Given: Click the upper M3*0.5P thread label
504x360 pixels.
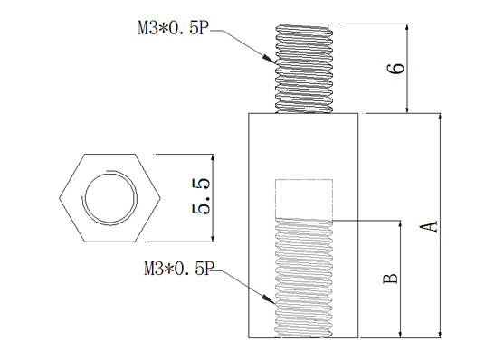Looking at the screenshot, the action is pos(174,29).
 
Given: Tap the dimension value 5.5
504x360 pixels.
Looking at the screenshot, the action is pos(202,196).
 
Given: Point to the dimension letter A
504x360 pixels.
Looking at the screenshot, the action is pos(429,226).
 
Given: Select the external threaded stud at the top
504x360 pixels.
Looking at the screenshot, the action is pos(304,69).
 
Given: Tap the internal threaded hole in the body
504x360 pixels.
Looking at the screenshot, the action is pos(304,278).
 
